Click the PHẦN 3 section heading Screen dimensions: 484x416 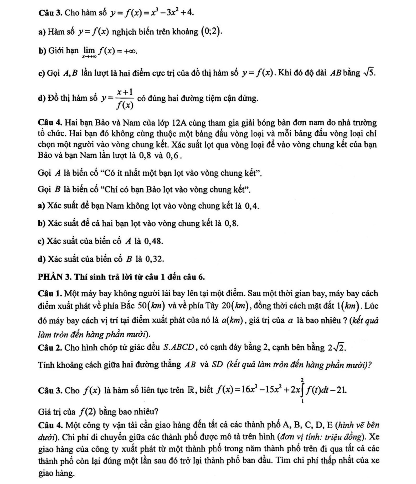pyautogui.click(x=121, y=277)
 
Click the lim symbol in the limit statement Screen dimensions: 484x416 pyautogui.click(x=89, y=50)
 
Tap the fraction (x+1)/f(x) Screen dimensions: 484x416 pyautogui.click(x=125, y=99)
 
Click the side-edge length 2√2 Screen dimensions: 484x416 pyautogui.click(x=336, y=348)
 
